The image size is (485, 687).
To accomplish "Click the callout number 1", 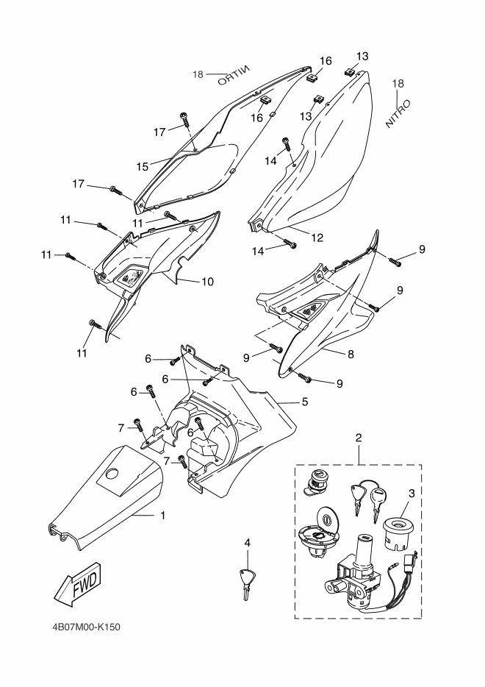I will pyautogui.click(x=162, y=516).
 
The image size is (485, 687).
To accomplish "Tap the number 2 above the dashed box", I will pyautogui.click(x=359, y=438).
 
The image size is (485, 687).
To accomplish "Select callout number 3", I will pyautogui.click(x=412, y=492).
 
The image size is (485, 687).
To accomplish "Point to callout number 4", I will pyautogui.click(x=248, y=542).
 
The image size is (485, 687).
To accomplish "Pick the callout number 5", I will pyautogui.click(x=303, y=402).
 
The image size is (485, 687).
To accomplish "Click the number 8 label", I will pyautogui.click(x=351, y=354).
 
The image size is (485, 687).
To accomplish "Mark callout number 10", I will pyautogui.click(x=208, y=281).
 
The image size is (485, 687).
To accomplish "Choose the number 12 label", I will pyautogui.click(x=317, y=237).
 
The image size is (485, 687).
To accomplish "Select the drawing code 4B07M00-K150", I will pyautogui.click(x=85, y=627).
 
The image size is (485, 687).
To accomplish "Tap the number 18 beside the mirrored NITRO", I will pyautogui.click(x=198, y=74).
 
